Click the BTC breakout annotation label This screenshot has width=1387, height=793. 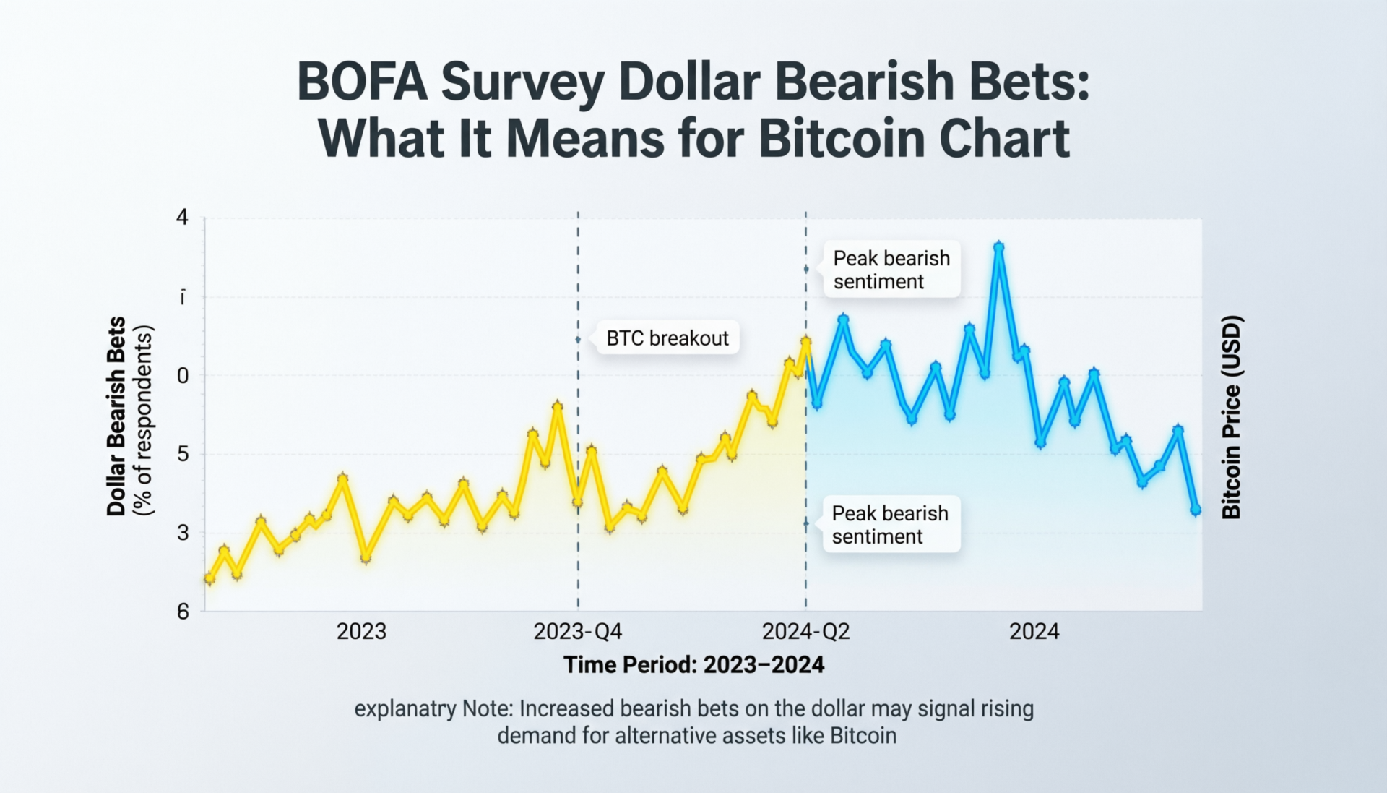coord(667,338)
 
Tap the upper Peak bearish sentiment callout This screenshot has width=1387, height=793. coord(891,270)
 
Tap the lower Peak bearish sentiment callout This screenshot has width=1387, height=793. coord(890,524)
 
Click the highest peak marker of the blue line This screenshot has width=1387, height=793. coord(998,247)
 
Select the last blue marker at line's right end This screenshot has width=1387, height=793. coord(1195,510)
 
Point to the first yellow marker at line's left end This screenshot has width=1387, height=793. coord(209,578)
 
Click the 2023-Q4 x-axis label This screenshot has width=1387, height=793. coord(577,631)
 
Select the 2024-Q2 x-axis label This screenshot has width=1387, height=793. coord(805,631)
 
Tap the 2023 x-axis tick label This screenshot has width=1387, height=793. coord(361,631)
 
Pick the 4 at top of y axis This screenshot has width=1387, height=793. coord(182,217)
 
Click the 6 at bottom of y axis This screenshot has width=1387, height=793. coord(183,612)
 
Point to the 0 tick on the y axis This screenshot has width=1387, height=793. coord(183,375)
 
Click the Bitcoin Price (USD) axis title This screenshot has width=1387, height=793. coord(1231,417)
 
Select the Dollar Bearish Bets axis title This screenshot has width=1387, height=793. coord(116,416)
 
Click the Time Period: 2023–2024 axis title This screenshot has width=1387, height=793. coord(693,664)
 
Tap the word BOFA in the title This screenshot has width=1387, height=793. coord(362,82)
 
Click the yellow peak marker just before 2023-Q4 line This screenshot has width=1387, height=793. coord(557,406)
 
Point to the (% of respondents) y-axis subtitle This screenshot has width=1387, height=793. coord(144,420)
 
